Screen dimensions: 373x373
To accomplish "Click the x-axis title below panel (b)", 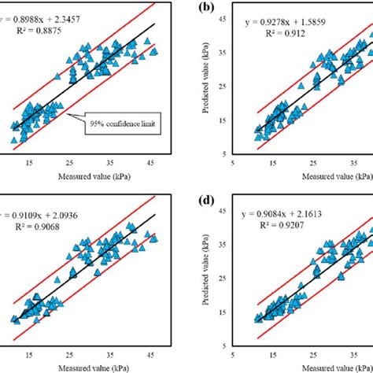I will (320, 175).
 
